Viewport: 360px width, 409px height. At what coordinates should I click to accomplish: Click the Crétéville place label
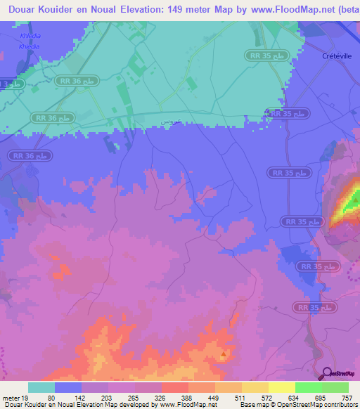[x=335, y=56]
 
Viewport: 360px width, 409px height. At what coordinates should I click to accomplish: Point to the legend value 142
[x=82, y=398]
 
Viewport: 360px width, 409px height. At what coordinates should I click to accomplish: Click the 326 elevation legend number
[x=162, y=398]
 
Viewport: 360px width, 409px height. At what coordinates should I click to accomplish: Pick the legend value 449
[x=215, y=398]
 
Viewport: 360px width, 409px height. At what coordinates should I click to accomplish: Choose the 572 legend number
[x=268, y=398]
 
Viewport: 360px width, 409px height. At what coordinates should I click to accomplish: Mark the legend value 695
[x=321, y=398]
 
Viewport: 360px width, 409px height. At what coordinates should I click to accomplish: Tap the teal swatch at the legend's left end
[x=41, y=387]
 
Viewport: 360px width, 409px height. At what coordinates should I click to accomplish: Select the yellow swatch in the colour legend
[x=281, y=387]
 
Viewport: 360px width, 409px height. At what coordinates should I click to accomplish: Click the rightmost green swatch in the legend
[x=335, y=387]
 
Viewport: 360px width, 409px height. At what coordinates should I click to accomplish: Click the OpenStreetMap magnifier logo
[x=328, y=373]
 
